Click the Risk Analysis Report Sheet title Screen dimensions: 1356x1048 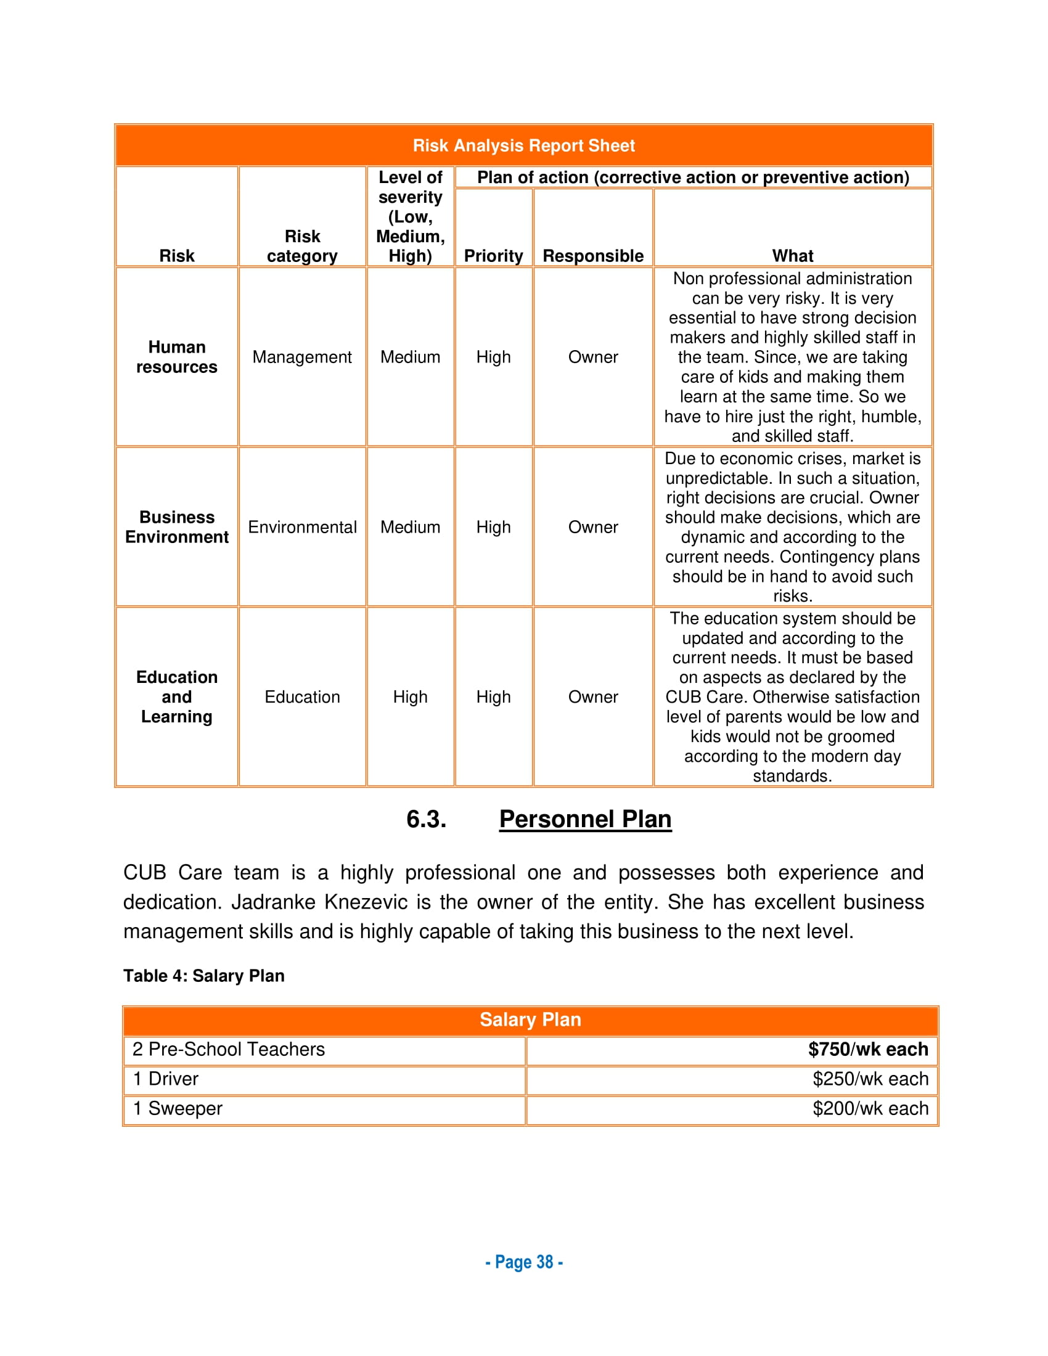523,146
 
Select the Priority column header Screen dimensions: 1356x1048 493,256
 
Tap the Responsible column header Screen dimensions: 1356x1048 593,256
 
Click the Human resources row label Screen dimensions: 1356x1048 177,357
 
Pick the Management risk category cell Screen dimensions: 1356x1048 301,357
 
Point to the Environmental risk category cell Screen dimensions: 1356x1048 301,527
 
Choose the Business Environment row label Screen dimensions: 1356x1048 177,527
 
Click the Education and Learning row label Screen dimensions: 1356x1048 177,696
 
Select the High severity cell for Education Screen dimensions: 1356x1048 410,697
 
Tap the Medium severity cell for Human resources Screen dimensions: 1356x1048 410,357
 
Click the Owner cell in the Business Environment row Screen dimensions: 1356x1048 593,527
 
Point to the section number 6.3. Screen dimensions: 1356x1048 426,820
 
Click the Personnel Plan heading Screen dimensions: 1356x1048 585,820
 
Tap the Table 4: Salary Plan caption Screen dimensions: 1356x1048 203,976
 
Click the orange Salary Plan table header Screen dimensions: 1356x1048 530,1020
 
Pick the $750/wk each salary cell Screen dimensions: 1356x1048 867,1049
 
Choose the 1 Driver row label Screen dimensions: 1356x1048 166,1079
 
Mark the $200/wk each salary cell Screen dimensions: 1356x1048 870,1109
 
